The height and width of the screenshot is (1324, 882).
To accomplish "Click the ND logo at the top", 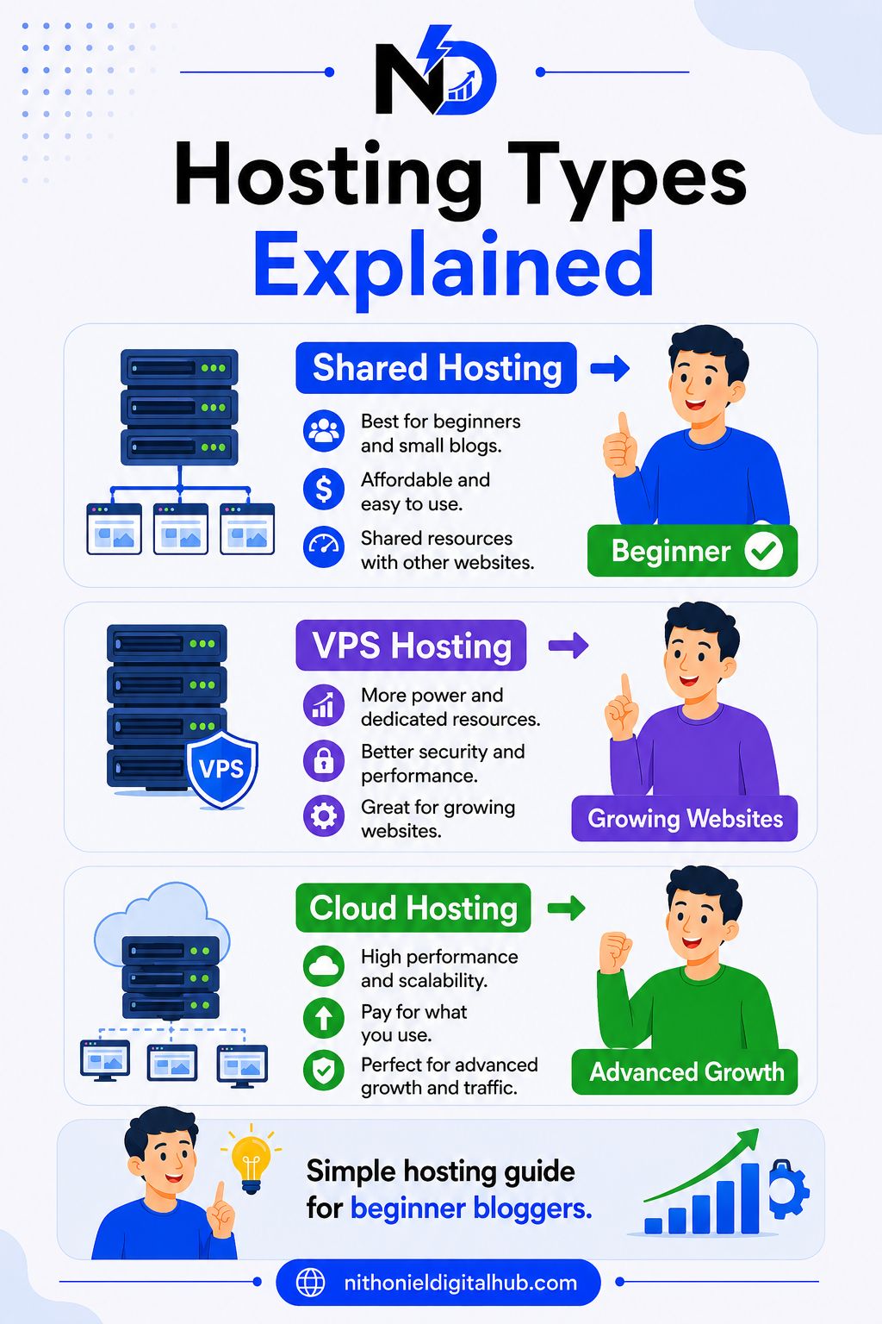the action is pyautogui.click(x=435, y=71).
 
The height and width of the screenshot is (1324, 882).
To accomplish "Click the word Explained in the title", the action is pyautogui.click(x=454, y=265).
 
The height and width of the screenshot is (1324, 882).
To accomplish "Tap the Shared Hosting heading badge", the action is pyautogui.click(x=436, y=368).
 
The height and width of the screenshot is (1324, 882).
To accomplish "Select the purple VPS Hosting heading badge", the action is pyautogui.click(x=411, y=645).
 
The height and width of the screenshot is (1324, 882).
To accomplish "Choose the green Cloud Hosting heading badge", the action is pyautogui.click(x=413, y=908).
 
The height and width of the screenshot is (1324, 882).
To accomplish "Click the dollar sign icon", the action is pyautogui.click(x=324, y=490).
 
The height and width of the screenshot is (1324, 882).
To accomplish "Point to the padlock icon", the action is pyautogui.click(x=324, y=760).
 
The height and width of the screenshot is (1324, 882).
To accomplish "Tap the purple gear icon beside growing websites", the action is pyautogui.click(x=324, y=815).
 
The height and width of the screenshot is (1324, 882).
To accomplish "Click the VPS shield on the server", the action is pyautogui.click(x=222, y=768).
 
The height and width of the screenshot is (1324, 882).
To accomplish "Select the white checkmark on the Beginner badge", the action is pyautogui.click(x=763, y=550).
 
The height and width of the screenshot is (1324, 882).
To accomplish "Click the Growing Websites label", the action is pyautogui.click(x=685, y=819).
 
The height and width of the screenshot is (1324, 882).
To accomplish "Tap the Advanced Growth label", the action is pyautogui.click(x=685, y=1071).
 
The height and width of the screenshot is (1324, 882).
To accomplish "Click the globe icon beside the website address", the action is pyautogui.click(x=311, y=1283).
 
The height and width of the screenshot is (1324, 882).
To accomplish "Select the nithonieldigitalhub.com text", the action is pyautogui.click(x=460, y=1283).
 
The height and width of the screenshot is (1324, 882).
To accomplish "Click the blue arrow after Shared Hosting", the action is pyautogui.click(x=610, y=368).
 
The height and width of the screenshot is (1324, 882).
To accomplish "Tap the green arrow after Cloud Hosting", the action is pyautogui.click(x=566, y=908).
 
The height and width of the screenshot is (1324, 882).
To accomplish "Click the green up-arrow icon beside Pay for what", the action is pyautogui.click(x=324, y=1018).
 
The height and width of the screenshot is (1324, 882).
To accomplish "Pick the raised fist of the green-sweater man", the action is pyautogui.click(x=615, y=952).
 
